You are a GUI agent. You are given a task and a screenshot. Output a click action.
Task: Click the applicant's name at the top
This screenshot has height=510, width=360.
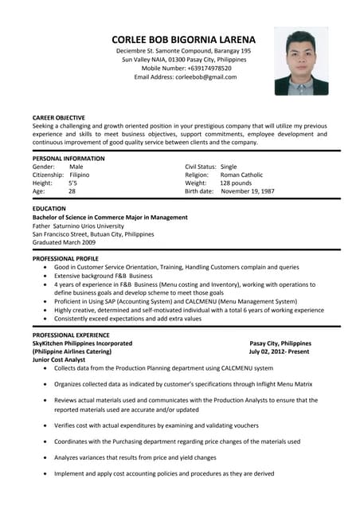point(183,39)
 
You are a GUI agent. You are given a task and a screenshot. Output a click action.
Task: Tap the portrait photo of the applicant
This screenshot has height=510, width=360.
point(301,61)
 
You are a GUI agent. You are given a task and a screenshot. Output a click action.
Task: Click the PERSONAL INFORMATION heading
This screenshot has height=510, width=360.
point(68,158)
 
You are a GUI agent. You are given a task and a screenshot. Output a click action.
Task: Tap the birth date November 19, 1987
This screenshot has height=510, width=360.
point(247,191)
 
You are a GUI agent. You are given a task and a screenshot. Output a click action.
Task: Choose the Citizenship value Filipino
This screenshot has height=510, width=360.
point(80,175)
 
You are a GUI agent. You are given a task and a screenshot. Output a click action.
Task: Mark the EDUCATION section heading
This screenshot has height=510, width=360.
point(49,208)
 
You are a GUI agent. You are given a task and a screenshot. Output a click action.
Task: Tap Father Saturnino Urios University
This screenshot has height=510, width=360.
point(78,226)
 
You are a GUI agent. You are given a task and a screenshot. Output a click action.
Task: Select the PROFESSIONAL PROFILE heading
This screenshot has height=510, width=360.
point(65,259)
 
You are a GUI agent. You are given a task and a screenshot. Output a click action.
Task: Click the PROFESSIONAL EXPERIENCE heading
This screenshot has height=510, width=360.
point(70,335)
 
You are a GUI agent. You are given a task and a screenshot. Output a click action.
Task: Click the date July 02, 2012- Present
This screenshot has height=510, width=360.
point(279,351)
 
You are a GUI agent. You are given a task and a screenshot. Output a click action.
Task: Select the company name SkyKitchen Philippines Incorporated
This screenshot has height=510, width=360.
point(82,343)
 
